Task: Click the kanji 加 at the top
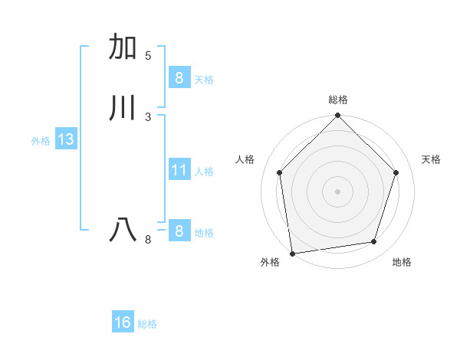tap(123, 47)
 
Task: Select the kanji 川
tap(123, 108)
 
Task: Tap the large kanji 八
tap(123, 230)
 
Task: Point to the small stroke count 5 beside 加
tap(148, 56)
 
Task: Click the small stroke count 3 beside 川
tap(148, 116)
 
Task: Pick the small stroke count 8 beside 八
tap(148, 241)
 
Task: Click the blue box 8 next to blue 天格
tap(179, 78)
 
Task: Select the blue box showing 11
tap(179, 170)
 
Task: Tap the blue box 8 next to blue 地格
tap(179, 231)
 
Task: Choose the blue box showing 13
tap(65, 140)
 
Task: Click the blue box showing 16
tap(123, 323)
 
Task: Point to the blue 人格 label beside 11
tap(205, 172)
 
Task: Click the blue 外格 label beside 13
tap(41, 141)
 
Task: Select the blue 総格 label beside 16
tap(147, 324)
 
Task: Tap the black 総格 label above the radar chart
tap(338, 100)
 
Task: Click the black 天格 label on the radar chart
tap(431, 159)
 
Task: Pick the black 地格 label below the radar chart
tap(402, 262)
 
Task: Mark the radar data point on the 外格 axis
tap(292, 253)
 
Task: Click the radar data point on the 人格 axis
tap(279, 172)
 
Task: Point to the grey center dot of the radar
tap(337, 191)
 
